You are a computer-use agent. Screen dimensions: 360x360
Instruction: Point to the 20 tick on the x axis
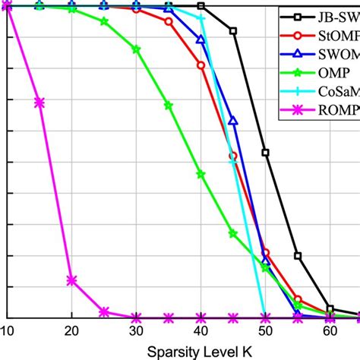coord(71,331)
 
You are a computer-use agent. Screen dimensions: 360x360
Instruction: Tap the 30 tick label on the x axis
coord(137,331)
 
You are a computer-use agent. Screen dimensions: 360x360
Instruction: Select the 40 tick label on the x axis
coord(201,331)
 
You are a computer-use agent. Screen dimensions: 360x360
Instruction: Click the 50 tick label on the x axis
coord(265,331)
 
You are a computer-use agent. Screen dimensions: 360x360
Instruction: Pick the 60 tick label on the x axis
coord(330,331)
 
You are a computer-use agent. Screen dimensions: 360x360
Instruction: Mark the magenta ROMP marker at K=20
coord(71,280)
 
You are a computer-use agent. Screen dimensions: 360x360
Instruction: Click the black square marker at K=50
coord(265,153)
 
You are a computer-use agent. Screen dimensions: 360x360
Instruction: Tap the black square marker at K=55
coord(298,256)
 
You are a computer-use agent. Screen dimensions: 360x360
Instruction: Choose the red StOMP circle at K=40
coord(201,66)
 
